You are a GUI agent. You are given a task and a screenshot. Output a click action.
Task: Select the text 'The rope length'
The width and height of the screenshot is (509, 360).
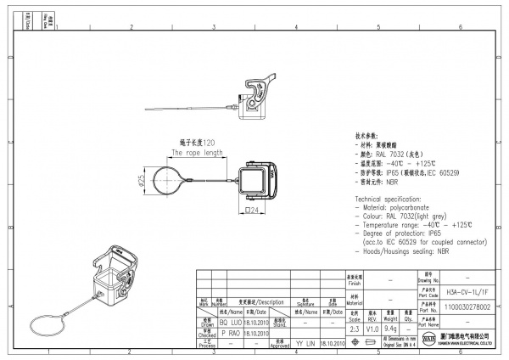pos(197,154)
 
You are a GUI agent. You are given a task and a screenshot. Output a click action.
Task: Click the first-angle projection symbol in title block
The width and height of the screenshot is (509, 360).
pos(370,342)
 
